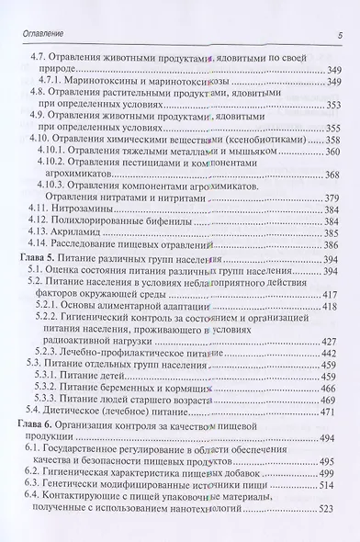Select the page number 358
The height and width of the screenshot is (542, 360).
pyautogui.click(x=329, y=138)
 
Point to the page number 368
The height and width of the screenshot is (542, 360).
pyautogui.click(x=329, y=175)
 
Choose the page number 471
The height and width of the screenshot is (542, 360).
pyautogui.click(x=329, y=412)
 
